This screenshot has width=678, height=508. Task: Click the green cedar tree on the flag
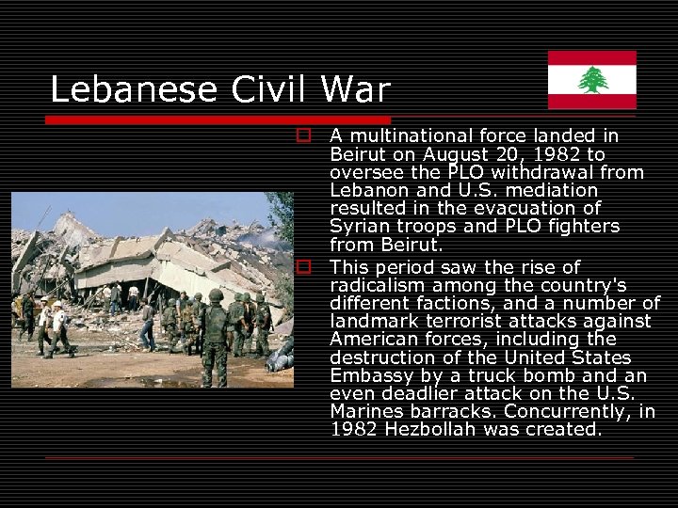[592, 80]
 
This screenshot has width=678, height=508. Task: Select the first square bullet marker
[303, 135]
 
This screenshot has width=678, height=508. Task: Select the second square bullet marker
[303, 267]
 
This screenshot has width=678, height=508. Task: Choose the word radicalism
[377, 286]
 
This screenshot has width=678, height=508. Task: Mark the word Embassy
[369, 375]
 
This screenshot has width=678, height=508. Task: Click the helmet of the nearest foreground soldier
[216, 294]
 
